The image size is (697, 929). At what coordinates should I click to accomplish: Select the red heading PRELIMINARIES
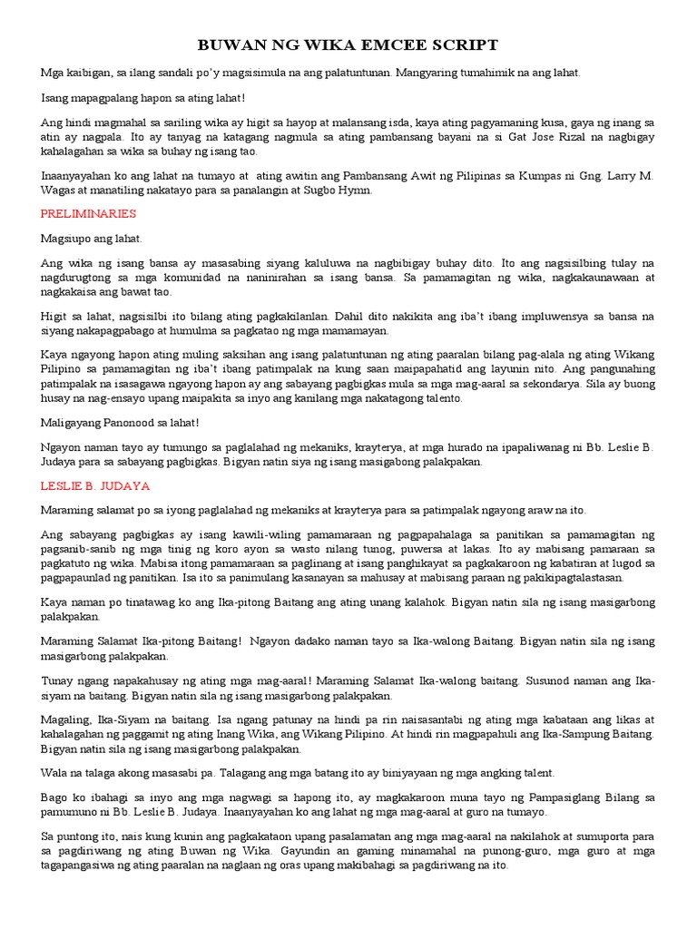coord(88,213)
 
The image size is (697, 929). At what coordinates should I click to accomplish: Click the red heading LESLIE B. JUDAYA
coord(95,486)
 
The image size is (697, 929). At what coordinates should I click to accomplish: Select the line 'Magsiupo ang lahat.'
coord(92,238)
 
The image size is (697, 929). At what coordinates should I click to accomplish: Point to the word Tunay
coord(58,680)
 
